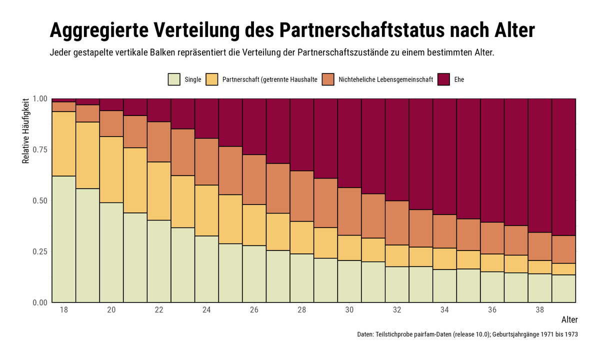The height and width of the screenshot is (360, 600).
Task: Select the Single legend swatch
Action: (x=174, y=79)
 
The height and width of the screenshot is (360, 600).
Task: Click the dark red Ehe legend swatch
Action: (x=443, y=79)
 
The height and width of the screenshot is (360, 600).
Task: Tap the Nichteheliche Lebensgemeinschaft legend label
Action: (x=385, y=79)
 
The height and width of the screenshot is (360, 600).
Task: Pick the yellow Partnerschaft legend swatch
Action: (x=212, y=79)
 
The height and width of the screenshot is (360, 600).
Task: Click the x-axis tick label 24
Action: (x=206, y=310)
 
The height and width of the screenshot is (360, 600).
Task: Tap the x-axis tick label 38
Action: (x=540, y=310)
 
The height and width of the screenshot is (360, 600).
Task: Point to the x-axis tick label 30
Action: (x=349, y=310)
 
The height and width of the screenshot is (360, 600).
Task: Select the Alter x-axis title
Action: (x=569, y=320)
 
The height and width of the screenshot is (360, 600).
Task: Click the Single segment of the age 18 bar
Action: (x=63, y=239)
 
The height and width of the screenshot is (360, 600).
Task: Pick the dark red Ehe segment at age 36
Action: (x=492, y=160)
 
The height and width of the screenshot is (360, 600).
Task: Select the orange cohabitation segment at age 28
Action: (x=301, y=196)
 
